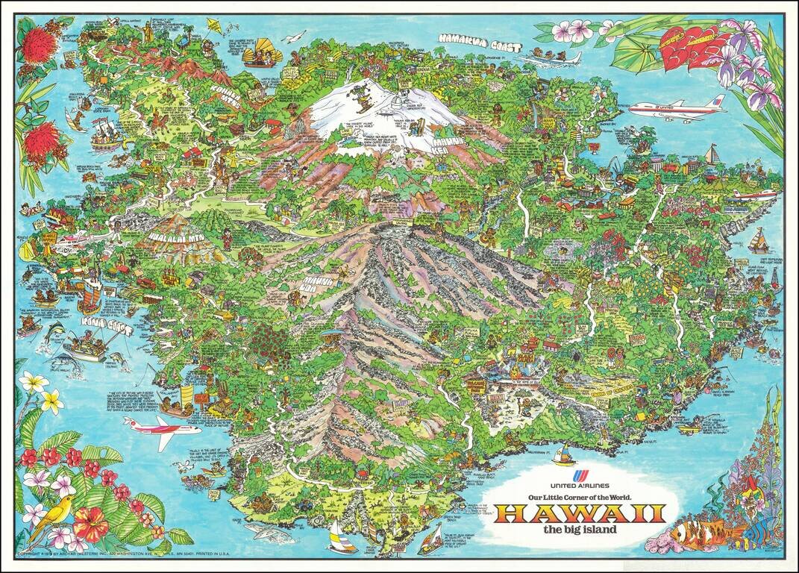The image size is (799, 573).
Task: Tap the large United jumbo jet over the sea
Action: pos(676,109)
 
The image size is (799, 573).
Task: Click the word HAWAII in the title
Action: pos(580,514)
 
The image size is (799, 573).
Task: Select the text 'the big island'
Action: pos(580,530)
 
